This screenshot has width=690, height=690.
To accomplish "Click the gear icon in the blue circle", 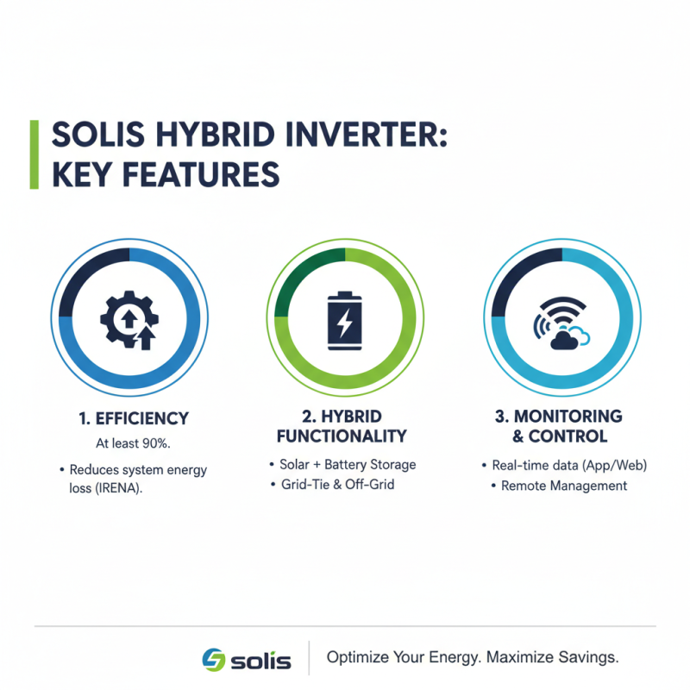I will coord(129,320).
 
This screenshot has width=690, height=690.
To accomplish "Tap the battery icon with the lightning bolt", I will coord(345,320).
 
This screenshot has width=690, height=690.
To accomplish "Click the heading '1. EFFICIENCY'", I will coord(130,419).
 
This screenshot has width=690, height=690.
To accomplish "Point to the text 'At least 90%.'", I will coord(129,445).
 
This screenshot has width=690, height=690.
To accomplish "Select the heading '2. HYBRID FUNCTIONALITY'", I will coord(345,426).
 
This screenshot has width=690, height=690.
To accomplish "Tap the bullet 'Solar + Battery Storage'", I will coord(347,464).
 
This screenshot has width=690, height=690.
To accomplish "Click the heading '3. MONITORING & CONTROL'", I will coord(560,426).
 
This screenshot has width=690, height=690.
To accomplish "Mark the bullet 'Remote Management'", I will coord(564,486).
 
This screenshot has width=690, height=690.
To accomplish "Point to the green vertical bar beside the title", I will coord(34,154).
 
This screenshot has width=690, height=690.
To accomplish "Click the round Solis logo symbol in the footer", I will coord(212,659).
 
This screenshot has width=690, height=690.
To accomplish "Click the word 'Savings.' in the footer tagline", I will coord(590,657).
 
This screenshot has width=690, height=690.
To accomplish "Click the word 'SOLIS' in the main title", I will coord(96,136).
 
